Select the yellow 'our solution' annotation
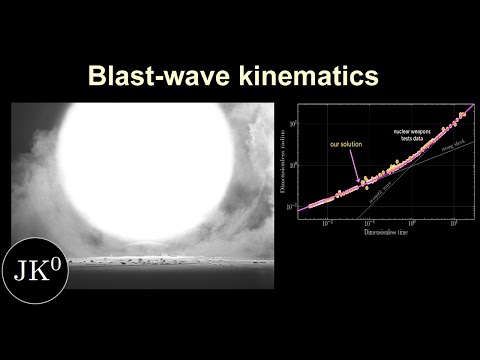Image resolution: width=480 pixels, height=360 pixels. click(x=346, y=145)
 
